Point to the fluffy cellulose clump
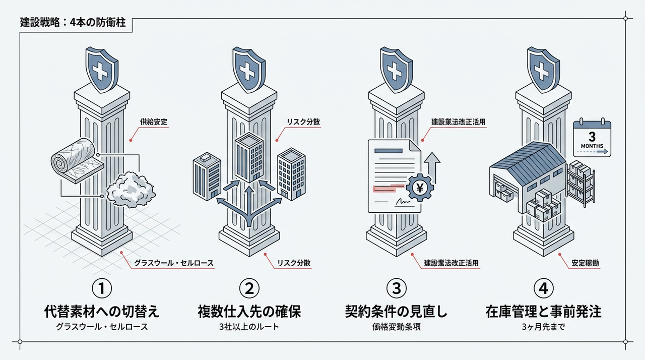132,191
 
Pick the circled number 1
102,289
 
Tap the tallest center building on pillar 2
248,158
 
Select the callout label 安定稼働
586,263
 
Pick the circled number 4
543,289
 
